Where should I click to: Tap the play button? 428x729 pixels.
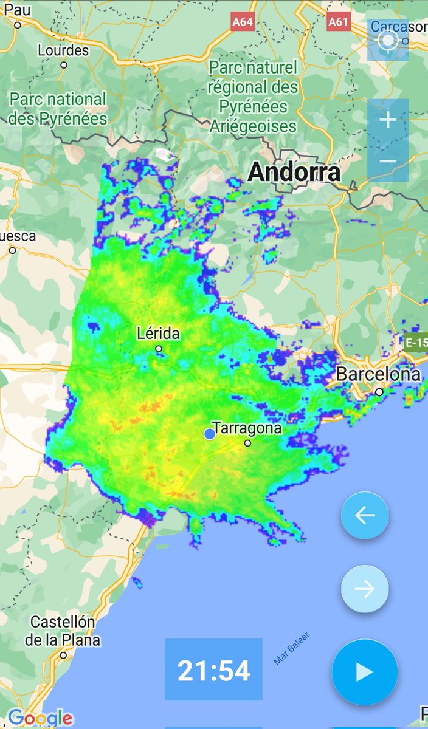[x=365, y=672]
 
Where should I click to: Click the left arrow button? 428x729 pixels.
[x=365, y=516]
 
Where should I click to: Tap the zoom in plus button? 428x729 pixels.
[x=388, y=120]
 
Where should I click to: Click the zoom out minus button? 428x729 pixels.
[x=388, y=162]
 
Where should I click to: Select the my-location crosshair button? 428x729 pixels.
[x=388, y=41]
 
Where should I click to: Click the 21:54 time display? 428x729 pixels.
[x=213, y=671]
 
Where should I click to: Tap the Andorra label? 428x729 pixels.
[x=294, y=172]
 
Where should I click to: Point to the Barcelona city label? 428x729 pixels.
[x=378, y=374]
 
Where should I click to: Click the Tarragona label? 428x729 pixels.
[x=247, y=428]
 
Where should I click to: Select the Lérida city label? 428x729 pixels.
[x=159, y=334]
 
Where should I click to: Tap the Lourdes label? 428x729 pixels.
[x=63, y=50]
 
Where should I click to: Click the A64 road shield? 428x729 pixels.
[x=243, y=22]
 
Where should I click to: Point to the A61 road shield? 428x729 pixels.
[x=338, y=22]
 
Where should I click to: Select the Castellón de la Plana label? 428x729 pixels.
[x=63, y=631]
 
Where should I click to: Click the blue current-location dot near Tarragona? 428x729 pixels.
[x=210, y=433]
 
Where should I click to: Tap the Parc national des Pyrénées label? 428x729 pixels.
[x=58, y=108]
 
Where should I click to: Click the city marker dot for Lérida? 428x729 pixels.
[x=159, y=349]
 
